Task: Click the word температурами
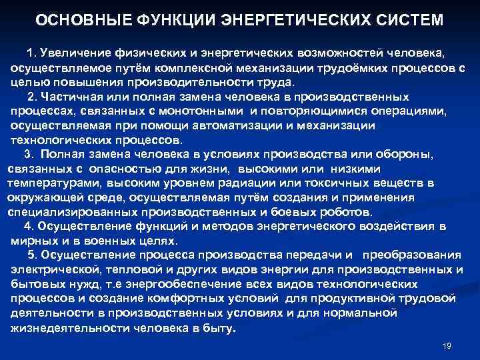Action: [x=51, y=183]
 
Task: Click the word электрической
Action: [x=54, y=270]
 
